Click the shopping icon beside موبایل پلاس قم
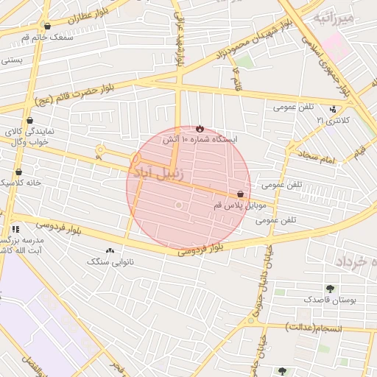coord(241,194)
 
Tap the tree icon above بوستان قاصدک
coord(329,289)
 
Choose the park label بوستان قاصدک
coord(329,300)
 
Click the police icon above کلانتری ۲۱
coord(333,109)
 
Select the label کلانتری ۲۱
coord(331,119)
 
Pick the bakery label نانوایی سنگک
coord(110,261)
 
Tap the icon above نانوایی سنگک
coord(110,251)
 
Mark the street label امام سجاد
coord(318,158)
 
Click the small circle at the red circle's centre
coord(177,205)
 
